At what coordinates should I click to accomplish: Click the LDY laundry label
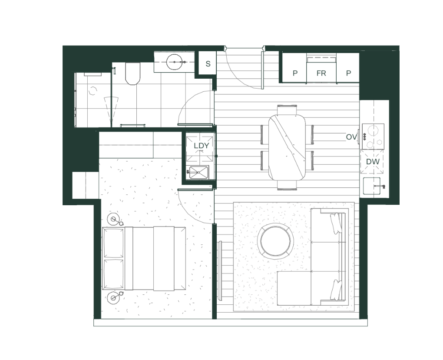(201, 146)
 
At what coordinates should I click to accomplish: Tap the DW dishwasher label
(373, 162)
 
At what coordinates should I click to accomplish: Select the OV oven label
(351, 137)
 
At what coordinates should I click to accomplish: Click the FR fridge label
(321, 73)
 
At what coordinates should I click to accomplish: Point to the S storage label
(208, 64)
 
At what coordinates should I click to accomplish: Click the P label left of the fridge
(295, 73)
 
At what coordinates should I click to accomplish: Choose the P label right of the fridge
(348, 73)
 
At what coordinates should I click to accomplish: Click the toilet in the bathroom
(132, 73)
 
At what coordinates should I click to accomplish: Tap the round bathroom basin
(174, 62)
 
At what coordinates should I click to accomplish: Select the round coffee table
(275, 241)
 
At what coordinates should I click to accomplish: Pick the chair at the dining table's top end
(287, 110)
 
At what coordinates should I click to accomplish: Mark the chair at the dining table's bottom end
(287, 185)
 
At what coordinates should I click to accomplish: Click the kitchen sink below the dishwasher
(371, 186)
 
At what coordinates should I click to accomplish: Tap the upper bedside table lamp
(114, 219)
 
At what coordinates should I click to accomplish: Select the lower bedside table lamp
(114, 298)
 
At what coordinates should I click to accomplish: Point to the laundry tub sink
(198, 172)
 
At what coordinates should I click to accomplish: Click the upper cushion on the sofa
(336, 223)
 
